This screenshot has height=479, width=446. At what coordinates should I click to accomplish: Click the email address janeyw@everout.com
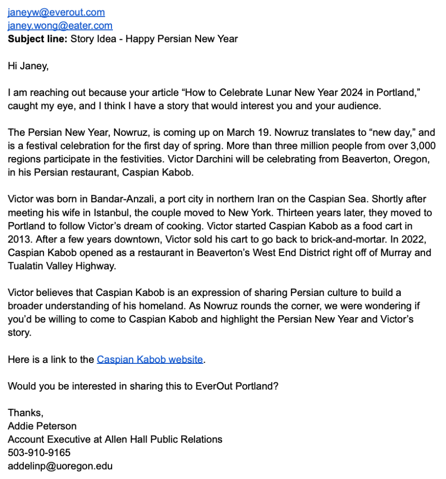[56, 13]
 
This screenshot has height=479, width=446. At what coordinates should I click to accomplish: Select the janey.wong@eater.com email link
[60, 26]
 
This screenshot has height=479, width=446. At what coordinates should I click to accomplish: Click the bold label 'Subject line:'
[37, 39]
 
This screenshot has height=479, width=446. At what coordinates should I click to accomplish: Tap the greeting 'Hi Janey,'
[28, 66]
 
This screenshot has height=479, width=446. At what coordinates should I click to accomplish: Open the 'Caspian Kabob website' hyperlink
[150, 360]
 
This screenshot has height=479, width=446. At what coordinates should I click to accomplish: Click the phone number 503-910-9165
[39, 453]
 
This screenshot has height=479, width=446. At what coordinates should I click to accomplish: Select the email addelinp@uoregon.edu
[60, 466]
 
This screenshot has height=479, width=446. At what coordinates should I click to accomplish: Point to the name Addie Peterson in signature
[42, 426]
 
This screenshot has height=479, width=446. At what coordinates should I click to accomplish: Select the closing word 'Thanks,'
[26, 413]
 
